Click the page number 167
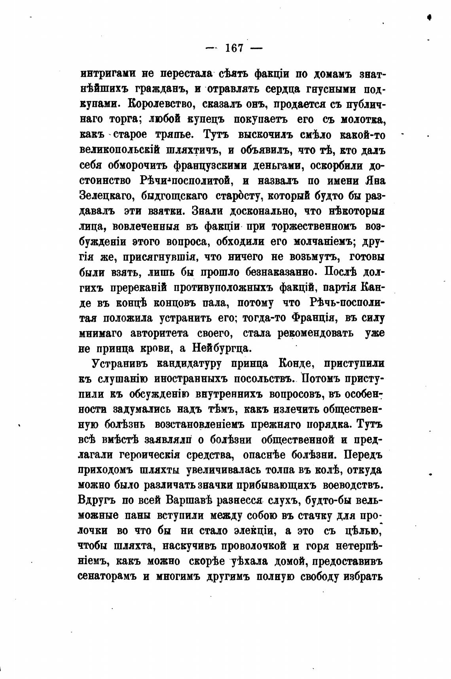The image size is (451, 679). point(234,48)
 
